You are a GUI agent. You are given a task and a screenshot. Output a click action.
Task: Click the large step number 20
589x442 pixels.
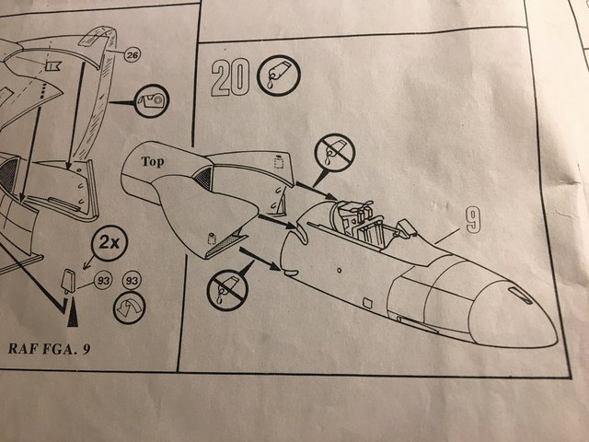tap(229, 77)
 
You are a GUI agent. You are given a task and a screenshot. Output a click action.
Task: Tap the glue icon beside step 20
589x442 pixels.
tap(278, 76)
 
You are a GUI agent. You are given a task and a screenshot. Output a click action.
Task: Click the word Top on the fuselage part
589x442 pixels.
tap(153, 162)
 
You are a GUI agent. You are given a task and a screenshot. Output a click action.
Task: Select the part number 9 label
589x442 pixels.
tap(473, 221)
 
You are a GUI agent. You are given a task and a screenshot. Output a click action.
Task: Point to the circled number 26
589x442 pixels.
tap(132, 55)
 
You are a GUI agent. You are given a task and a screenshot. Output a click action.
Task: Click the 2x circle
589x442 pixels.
tap(109, 243)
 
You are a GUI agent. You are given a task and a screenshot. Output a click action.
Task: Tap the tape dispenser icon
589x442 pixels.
tap(151, 100)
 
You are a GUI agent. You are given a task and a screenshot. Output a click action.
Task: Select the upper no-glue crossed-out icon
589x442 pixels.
tap(334, 153)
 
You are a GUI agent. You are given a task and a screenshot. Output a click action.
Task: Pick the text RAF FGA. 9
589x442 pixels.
tap(49, 348)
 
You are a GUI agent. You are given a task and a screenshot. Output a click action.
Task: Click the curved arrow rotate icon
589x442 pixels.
tap(129, 308)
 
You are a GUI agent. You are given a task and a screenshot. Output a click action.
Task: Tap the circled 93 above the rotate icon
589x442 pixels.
tap(132, 281)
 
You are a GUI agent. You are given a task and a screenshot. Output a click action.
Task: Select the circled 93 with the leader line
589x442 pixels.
tap(103, 281)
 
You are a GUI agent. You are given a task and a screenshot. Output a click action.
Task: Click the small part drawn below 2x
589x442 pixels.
tap(68, 281)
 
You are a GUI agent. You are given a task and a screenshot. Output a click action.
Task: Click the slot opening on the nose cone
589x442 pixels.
tap(519, 295)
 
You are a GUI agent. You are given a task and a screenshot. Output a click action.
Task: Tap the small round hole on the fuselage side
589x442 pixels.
tap(339, 270)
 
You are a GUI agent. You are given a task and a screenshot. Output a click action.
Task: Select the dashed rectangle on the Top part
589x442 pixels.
tap(278, 162)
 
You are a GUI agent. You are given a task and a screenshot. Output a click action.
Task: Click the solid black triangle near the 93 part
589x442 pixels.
tap(73, 312)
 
